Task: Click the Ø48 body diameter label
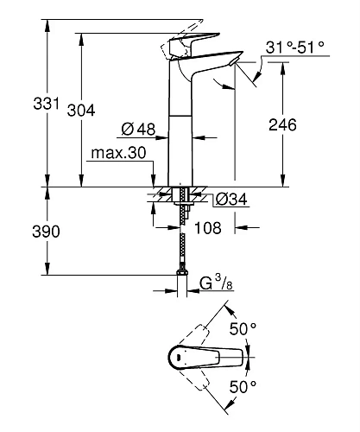pos(139,130)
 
